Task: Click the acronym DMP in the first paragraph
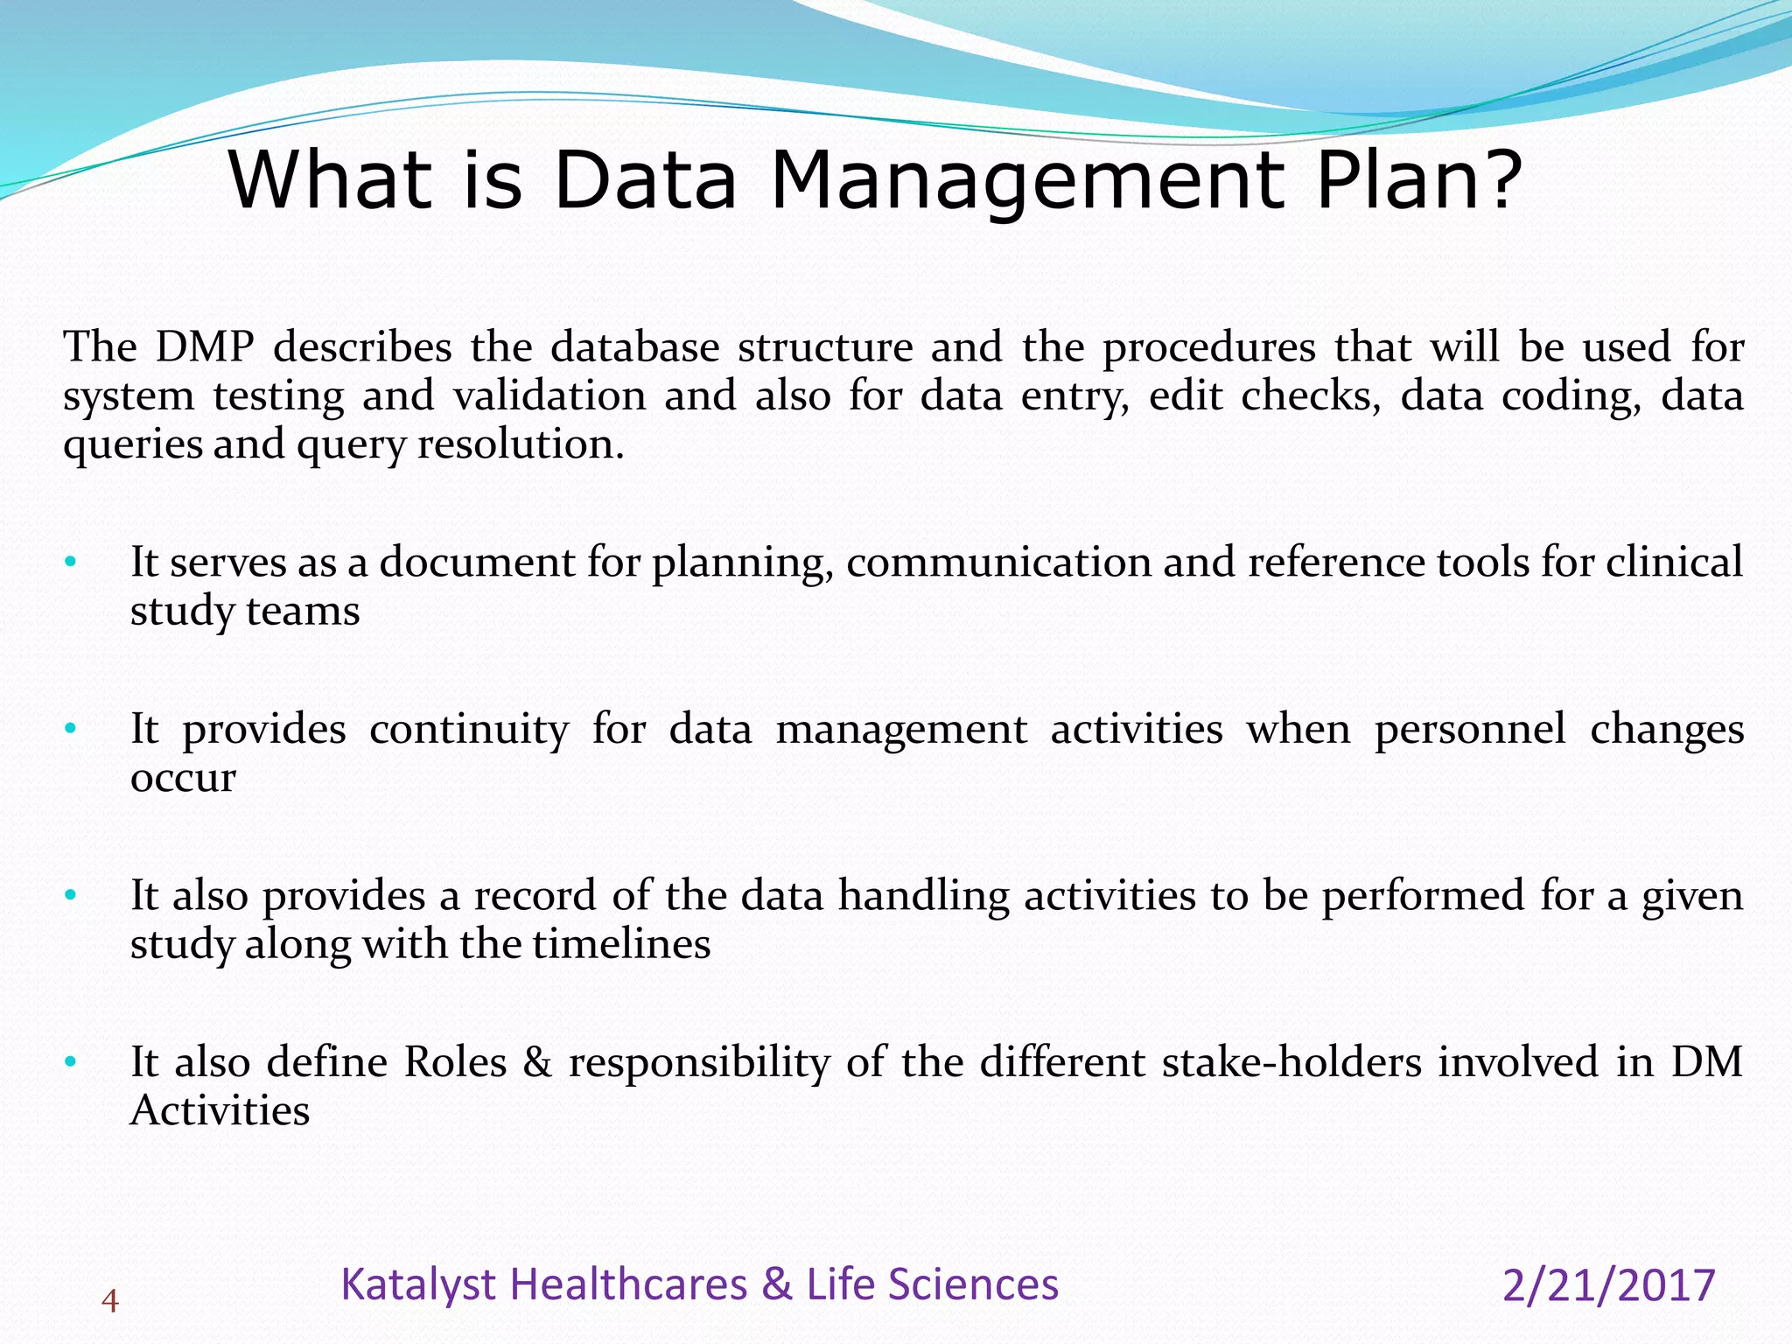(x=205, y=347)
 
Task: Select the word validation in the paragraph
(x=549, y=395)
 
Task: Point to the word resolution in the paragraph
(x=521, y=444)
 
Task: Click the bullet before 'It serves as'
(x=71, y=562)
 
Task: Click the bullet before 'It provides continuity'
(x=71, y=729)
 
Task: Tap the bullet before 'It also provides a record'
(x=71, y=896)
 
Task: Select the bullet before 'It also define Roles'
(x=71, y=1062)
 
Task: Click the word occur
(x=183, y=779)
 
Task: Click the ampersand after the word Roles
(x=537, y=1062)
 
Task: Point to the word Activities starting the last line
(x=220, y=1111)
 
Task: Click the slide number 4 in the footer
(x=109, y=1302)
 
